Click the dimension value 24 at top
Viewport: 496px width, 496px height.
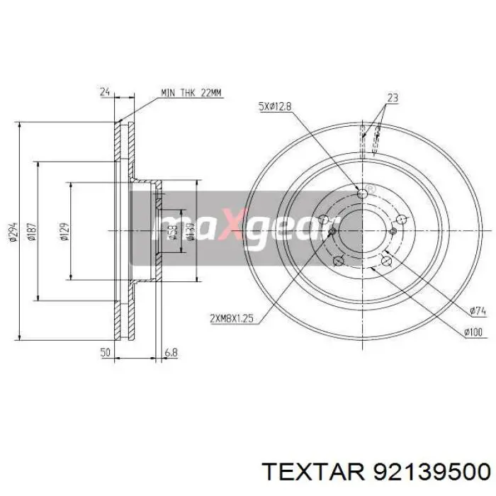tap(105, 91)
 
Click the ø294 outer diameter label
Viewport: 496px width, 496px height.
tap(13, 232)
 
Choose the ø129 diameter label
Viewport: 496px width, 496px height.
tap(64, 232)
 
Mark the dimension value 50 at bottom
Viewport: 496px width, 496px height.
tap(105, 352)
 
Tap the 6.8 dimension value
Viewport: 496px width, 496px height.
tap(171, 352)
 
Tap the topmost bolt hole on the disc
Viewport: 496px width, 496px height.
tap(363, 193)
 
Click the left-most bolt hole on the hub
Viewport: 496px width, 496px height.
tap(323, 220)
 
